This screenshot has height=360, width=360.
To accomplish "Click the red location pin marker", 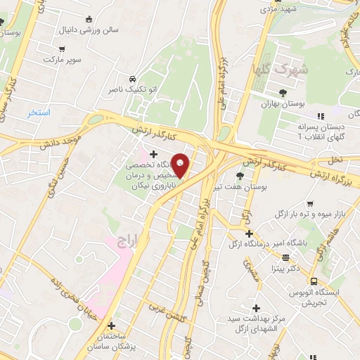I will click(x=181, y=165).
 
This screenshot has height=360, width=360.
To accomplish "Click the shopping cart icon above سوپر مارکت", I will click(x=62, y=49).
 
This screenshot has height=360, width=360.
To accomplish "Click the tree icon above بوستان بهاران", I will click(x=283, y=92).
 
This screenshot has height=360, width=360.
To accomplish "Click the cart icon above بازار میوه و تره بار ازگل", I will click(x=309, y=205).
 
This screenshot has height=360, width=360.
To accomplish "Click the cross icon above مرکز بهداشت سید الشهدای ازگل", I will click(x=256, y=308).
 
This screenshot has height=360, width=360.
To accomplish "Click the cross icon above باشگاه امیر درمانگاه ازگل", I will click(x=249, y=233).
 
